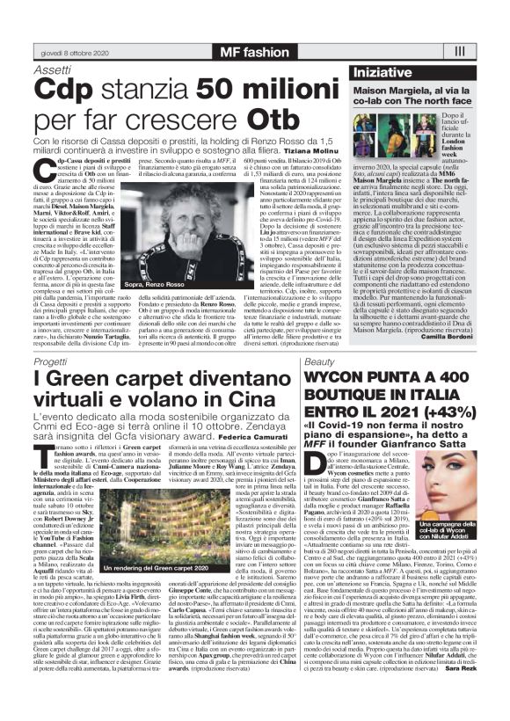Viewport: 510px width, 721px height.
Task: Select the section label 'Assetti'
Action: [53, 69]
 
